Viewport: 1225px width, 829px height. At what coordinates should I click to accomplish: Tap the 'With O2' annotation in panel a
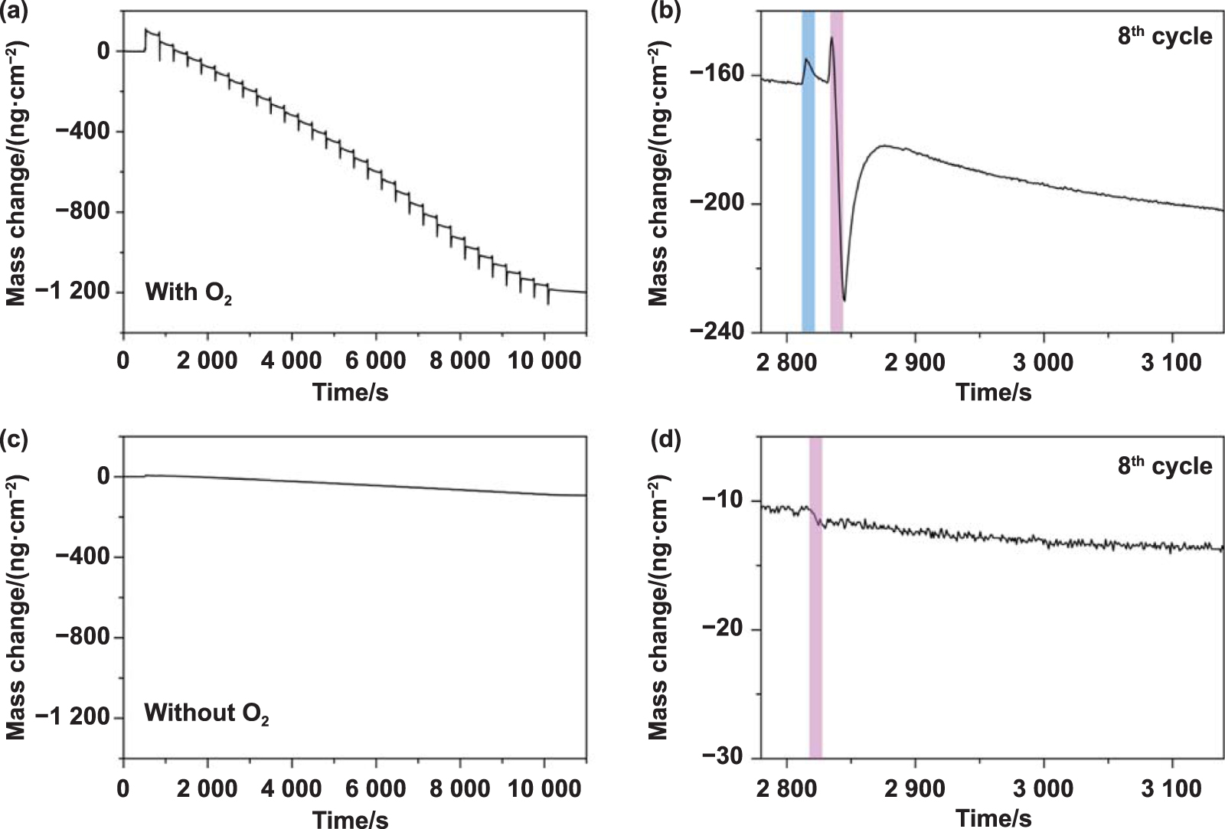188,292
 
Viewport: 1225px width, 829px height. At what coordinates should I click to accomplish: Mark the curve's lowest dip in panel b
844,299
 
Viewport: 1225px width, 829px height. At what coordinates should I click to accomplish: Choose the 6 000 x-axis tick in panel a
375,361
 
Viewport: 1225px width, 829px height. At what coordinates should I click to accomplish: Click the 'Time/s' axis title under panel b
993,393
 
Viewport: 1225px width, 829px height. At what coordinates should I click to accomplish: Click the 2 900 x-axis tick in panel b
915,361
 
